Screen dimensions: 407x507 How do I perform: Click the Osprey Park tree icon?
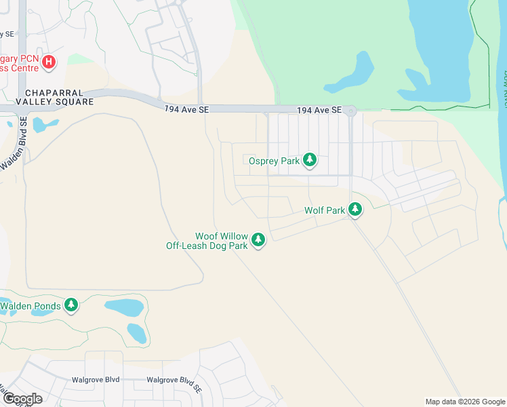tap(310, 160)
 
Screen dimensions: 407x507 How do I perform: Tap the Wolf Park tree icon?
tap(354, 210)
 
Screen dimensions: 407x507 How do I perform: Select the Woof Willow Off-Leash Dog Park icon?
tap(258, 239)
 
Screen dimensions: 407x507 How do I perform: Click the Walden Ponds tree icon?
tap(71, 305)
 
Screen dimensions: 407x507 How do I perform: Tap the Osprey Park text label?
tap(274, 161)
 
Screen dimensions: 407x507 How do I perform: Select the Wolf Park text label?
tap(325, 211)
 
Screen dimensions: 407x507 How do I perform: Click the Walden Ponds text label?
tap(31, 306)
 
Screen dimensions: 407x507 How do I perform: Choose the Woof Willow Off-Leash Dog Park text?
tap(207, 241)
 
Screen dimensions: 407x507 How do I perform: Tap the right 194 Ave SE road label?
tap(319, 110)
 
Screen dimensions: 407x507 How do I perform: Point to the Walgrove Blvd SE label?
tap(174, 381)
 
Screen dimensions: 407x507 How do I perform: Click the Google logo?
tap(22, 398)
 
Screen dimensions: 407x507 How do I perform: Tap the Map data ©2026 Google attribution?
tap(465, 402)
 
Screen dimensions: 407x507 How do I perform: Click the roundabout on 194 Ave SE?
tap(350, 111)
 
